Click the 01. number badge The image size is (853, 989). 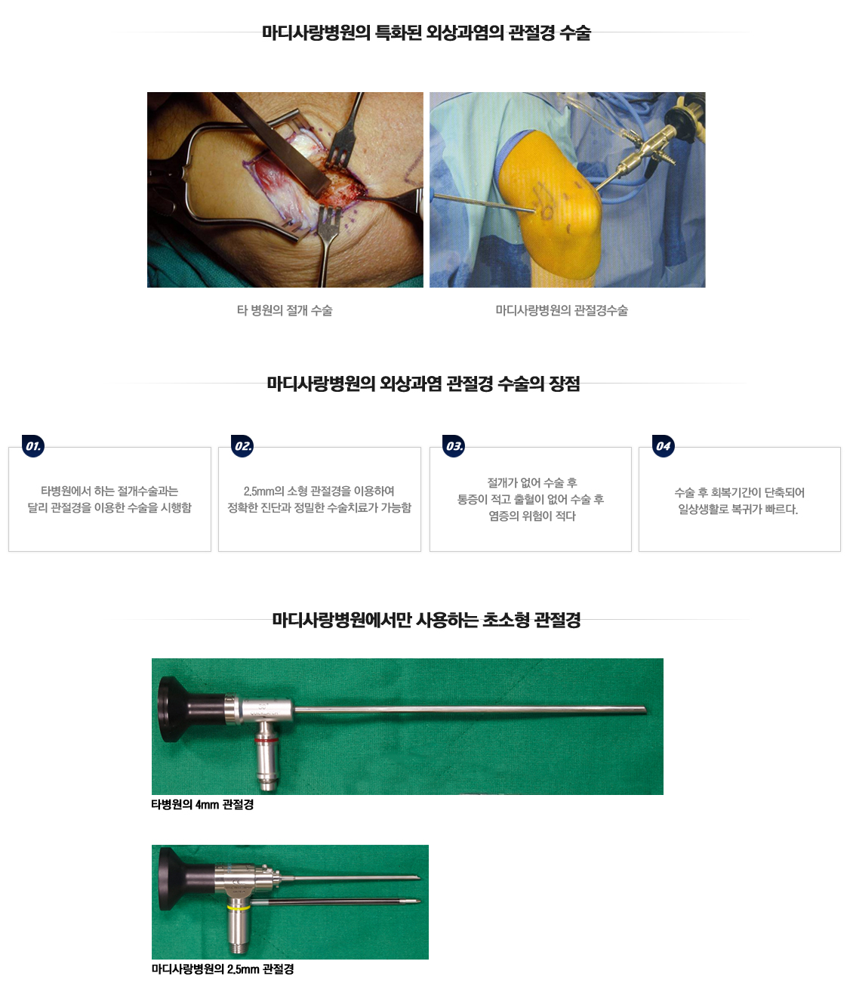[33, 446]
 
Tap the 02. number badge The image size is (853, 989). [242, 446]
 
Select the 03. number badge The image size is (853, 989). [454, 446]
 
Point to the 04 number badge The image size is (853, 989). [663, 446]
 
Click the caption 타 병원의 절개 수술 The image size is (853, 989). [285, 310]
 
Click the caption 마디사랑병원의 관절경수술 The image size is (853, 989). [562, 310]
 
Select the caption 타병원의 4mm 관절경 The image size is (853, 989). [202, 804]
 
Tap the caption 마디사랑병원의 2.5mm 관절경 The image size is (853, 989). [223, 969]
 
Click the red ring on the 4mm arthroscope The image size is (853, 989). [264, 740]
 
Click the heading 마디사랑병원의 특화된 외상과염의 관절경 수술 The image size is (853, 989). [426, 32]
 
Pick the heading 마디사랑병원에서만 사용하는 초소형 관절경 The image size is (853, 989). [426, 620]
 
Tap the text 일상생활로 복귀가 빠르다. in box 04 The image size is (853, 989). [738, 509]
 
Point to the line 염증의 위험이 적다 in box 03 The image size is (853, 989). [532, 516]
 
